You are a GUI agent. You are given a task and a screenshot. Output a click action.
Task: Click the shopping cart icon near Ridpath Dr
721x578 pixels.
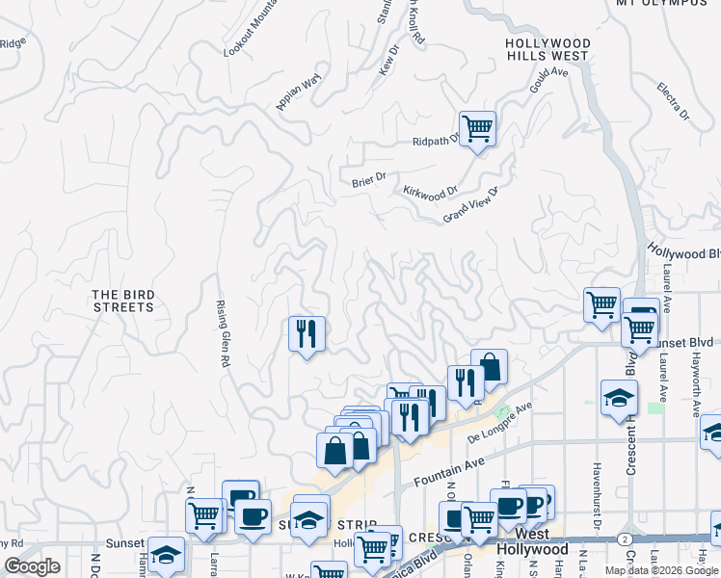coord(477,128)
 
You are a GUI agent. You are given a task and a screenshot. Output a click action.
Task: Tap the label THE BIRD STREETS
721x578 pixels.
coord(122,301)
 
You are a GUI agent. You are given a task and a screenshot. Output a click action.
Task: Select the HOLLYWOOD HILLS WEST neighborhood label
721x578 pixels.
coord(547,50)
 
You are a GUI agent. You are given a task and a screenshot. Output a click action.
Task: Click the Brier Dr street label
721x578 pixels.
coord(368,177)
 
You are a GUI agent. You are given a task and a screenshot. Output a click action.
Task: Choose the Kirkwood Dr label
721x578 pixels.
coord(430,193)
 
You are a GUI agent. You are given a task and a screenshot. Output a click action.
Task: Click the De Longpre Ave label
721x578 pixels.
coord(499,423)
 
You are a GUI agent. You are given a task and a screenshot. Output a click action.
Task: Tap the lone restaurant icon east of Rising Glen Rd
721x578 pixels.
coord(307,334)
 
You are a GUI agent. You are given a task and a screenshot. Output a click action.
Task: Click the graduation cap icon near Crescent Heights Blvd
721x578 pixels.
coord(618,398)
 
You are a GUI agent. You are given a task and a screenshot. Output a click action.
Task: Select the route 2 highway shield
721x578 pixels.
coord(627,539)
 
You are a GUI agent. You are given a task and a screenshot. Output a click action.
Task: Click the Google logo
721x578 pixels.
coord(32,566)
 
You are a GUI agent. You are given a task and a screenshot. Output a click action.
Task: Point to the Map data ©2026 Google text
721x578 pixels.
coord(661,570)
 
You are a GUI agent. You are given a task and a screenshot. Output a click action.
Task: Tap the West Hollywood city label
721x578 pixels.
coord(531,541)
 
